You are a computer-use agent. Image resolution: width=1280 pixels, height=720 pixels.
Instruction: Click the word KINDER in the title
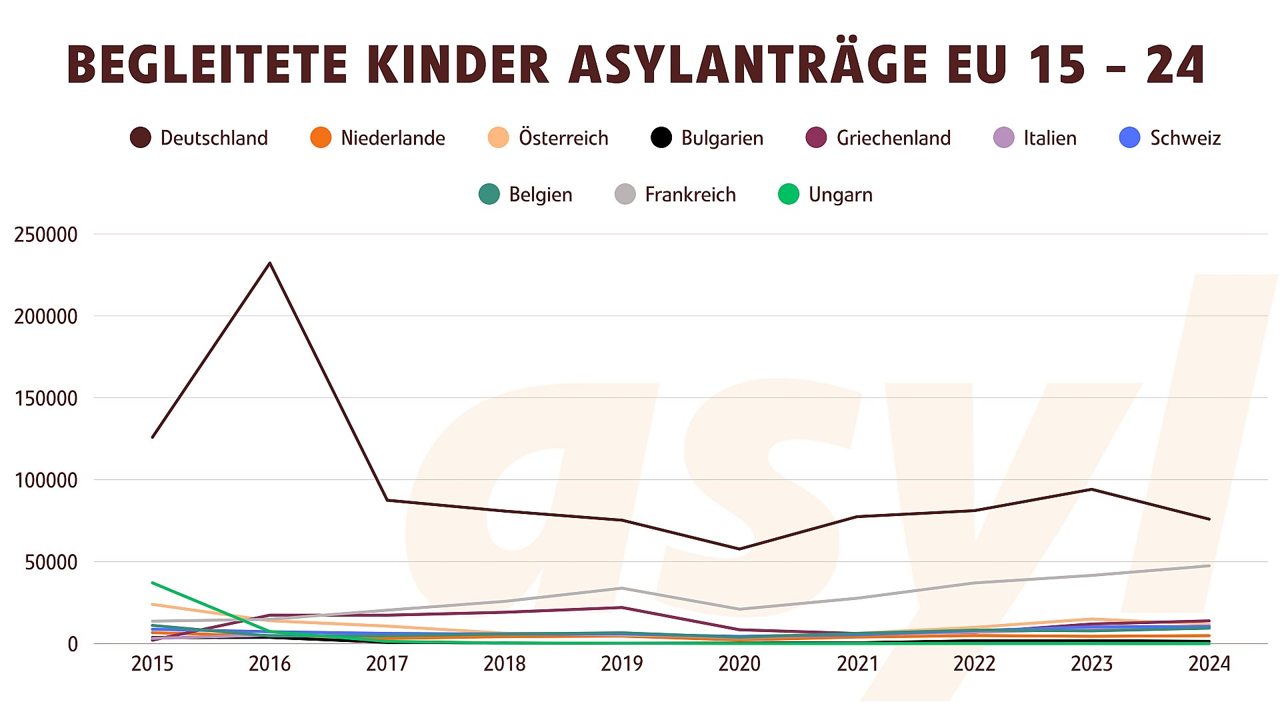[458, 65]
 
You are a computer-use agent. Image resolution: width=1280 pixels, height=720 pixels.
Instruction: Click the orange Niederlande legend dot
[321, 138]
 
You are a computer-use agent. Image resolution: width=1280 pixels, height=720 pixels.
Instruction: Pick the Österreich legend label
[563, 138]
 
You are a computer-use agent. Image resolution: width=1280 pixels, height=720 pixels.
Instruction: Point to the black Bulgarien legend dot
[661, 138]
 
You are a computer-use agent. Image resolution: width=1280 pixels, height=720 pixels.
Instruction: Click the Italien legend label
[1050, 138]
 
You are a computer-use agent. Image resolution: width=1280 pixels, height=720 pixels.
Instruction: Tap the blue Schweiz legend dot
[1129, 138]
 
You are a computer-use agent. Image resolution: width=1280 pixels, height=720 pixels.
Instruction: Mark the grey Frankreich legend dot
[625, 195]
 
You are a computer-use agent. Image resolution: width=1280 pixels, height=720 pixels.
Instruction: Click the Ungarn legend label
[840, 195]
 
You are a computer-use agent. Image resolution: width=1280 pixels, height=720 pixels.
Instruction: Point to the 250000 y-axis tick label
[46, 235]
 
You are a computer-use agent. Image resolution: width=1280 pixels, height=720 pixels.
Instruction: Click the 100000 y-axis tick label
[46, 480]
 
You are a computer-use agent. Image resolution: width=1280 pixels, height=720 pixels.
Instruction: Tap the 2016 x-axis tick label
[269, 664]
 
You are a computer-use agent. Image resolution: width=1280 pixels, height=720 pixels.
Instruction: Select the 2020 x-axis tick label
[739, 664]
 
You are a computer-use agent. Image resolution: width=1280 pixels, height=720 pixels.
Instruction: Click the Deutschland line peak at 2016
[269, 263]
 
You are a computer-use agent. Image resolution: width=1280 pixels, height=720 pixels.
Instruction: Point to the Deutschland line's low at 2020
[739, 549]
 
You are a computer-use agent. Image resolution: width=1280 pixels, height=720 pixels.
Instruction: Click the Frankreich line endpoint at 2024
[1209, 566]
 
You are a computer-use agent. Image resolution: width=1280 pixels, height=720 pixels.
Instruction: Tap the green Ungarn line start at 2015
[153, 583]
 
